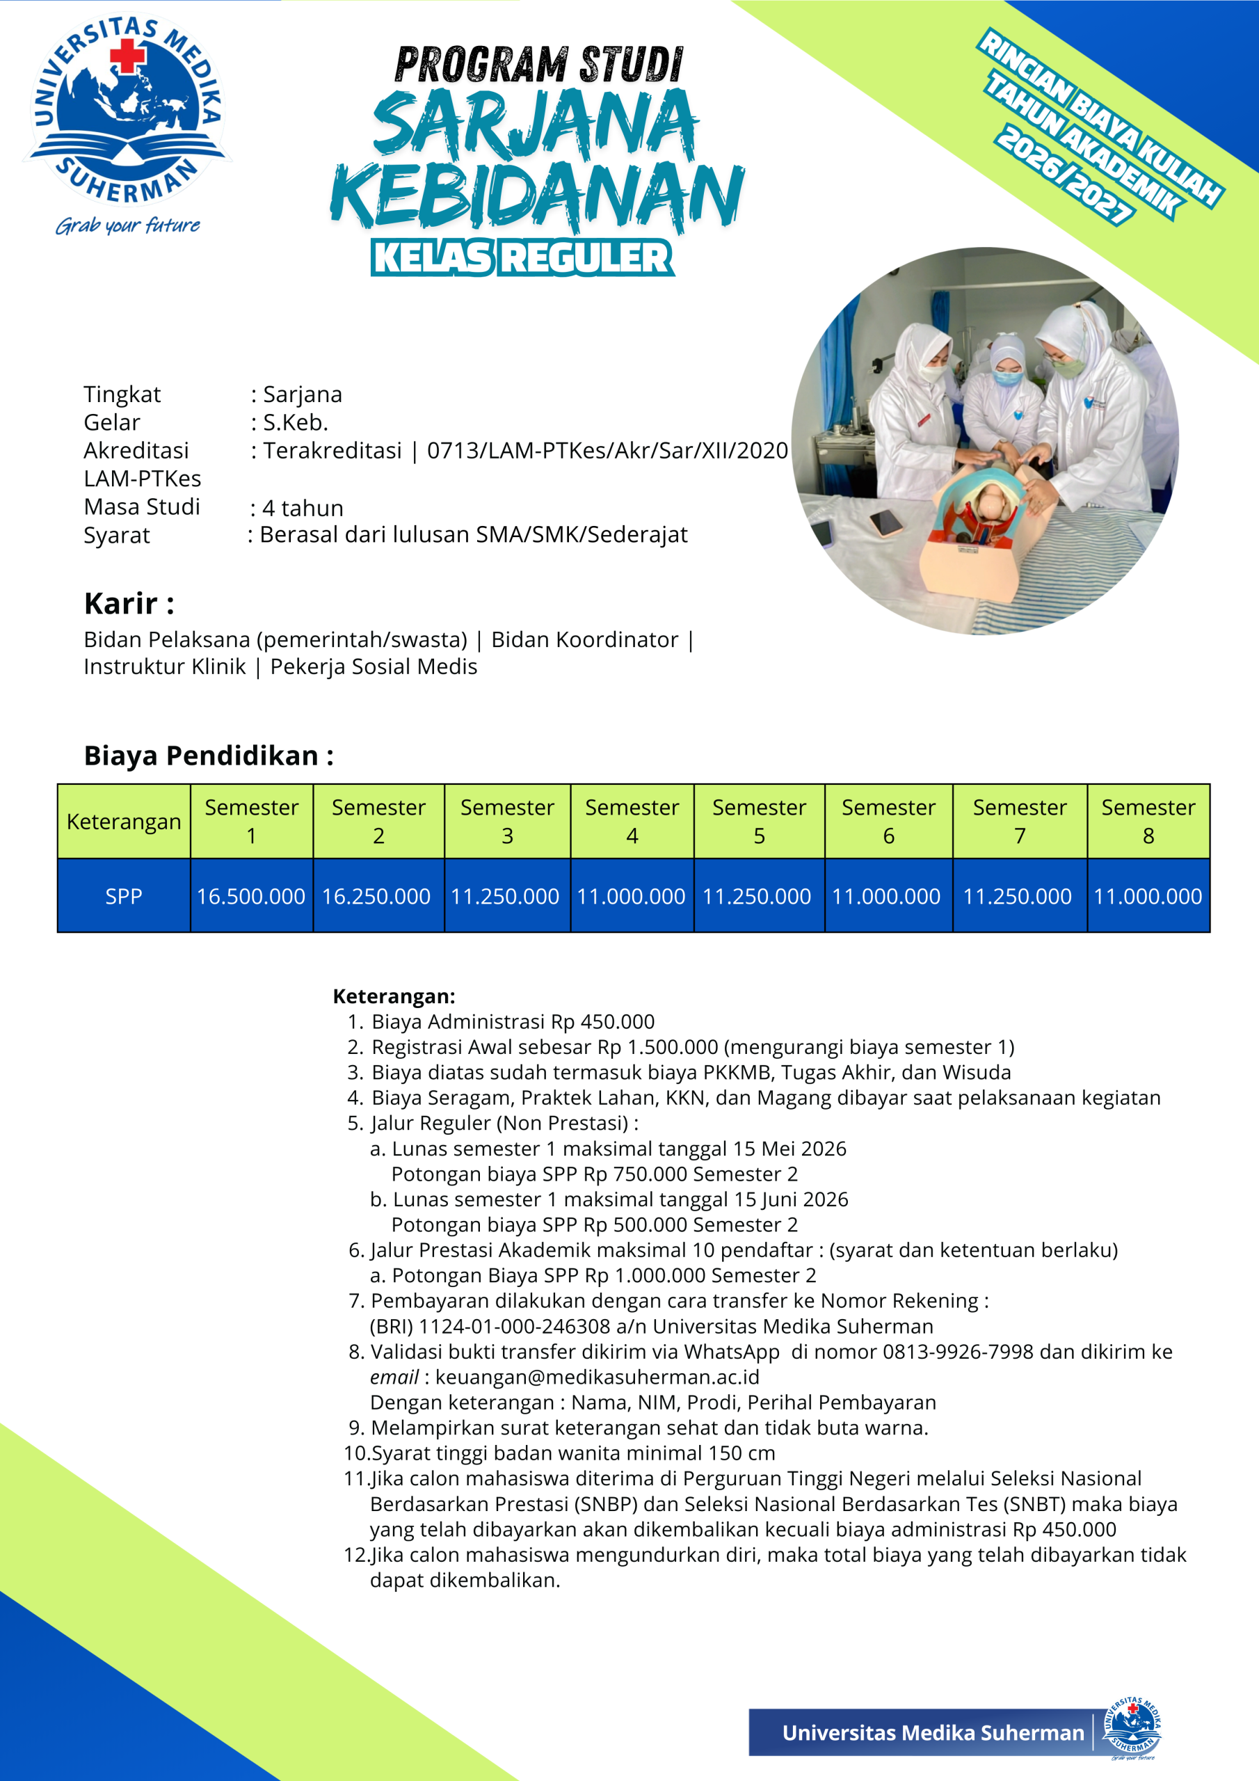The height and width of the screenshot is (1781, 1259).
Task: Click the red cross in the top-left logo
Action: pyautogui.click(x=128, y=56)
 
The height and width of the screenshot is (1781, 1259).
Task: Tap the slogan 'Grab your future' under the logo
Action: pyautogui.click(x=128, y=225)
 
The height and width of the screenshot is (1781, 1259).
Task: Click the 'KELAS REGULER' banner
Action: pyautogui.click(x=522, y=257)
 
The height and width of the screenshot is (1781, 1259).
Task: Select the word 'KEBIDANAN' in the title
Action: pyautogui.click(x=537, y=195)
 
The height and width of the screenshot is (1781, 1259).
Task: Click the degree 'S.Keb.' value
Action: pyautogui.click(x=296, y=422)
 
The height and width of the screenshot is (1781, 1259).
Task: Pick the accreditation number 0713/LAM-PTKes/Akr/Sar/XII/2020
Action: pyautogui.click(x=607, y=450)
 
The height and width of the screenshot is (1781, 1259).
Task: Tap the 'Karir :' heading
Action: pyautogui.click(x=129, y=602)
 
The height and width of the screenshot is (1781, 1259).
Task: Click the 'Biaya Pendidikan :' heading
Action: pyautogui.click(x=209, y=755)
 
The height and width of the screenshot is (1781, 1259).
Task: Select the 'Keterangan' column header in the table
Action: pyautogui.click(x=124, y=821)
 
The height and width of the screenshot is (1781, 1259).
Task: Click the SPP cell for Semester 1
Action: pyautogui.click(x=250, y=896)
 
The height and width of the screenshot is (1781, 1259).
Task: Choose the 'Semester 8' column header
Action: pyautogui.click(x=1148, y=821)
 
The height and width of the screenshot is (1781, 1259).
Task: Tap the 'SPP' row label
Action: pyautogui.click(x=124, y=896)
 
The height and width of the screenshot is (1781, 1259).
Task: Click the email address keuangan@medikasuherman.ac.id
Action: pyautogui.click(x=597, y=1376)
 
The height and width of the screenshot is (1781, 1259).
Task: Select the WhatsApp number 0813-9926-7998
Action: pyautogui.click(x=957, y=1351)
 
